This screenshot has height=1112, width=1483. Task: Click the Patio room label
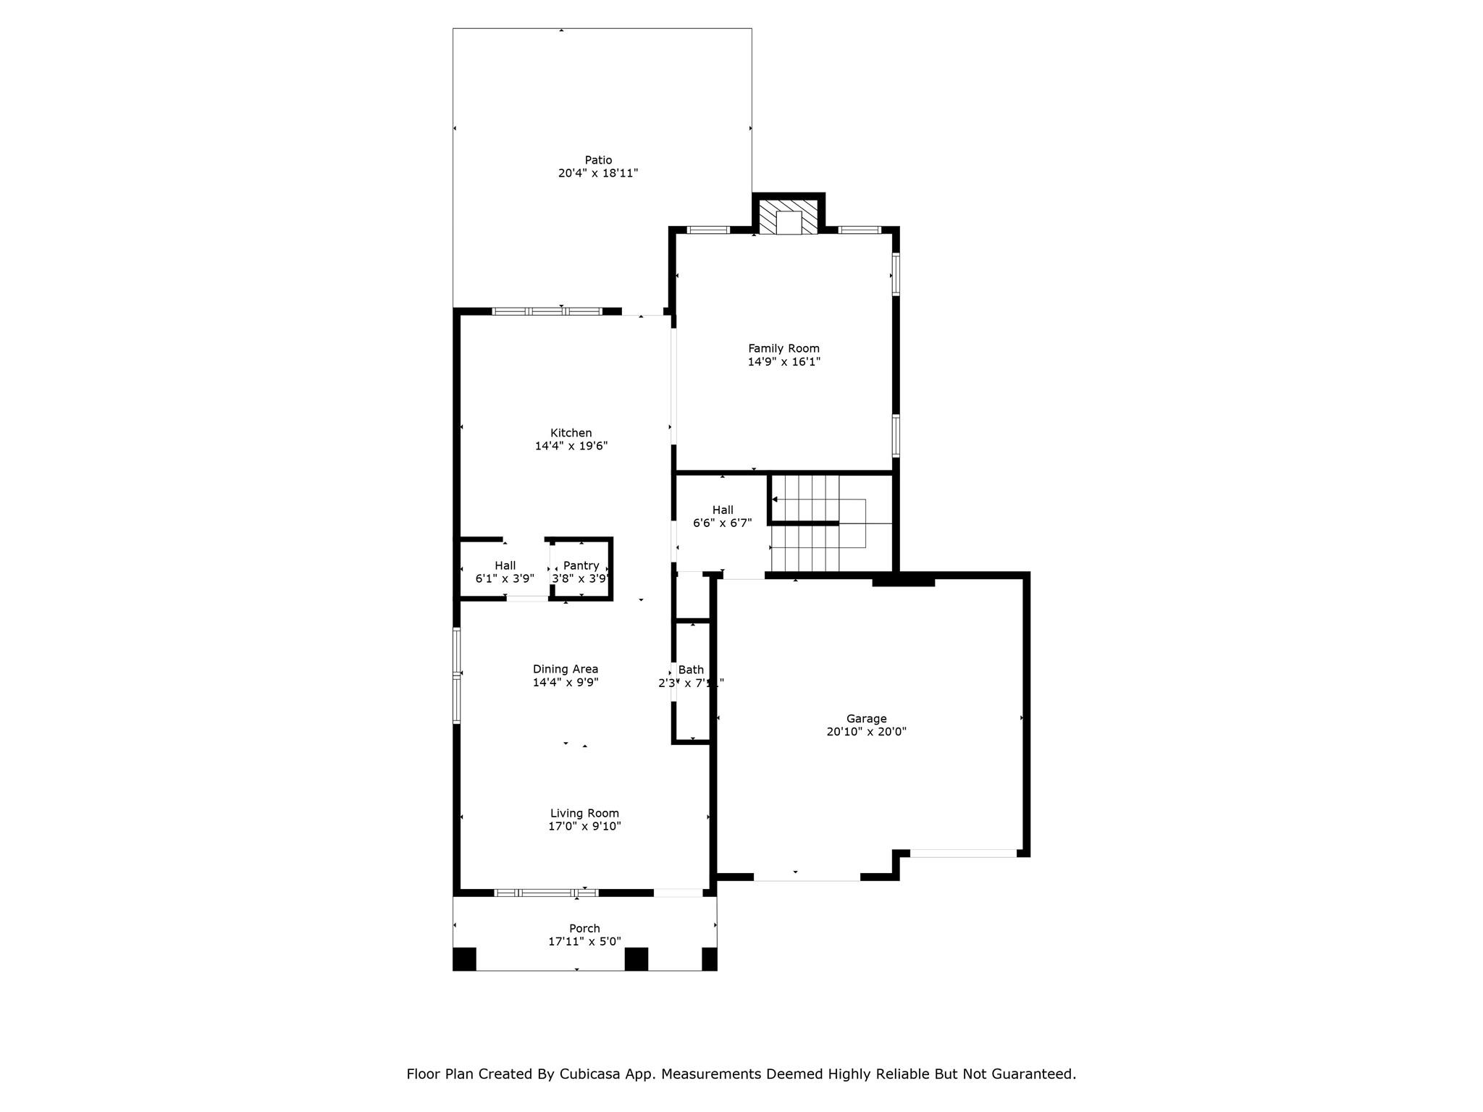598,160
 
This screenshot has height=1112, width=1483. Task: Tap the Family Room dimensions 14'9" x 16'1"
783,362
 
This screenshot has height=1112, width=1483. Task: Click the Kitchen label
571,433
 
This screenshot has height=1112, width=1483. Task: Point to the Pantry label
581,565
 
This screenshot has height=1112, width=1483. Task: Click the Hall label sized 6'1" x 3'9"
505,565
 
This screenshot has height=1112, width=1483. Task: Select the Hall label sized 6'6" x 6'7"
722,510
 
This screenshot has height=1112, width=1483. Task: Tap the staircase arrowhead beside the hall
775,500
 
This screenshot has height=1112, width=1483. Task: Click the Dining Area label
565,669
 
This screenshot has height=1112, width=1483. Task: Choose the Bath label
691,670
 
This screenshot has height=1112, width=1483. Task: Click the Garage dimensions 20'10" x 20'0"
866,732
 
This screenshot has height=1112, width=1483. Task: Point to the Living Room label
584,813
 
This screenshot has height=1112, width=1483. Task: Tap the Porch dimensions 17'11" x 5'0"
584,942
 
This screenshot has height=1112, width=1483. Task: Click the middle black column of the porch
636,959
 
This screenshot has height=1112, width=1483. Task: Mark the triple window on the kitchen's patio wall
547,311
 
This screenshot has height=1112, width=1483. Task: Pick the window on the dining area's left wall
457,675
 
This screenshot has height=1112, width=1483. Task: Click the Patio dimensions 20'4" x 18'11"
597,174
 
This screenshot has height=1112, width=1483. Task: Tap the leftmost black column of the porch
464,959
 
